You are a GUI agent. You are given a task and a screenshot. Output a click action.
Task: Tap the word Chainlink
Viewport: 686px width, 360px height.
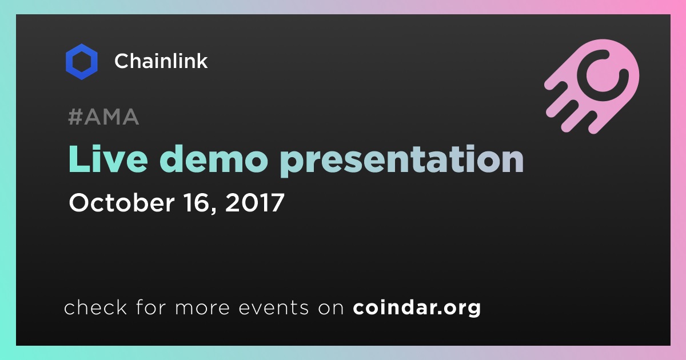pyautogui.click(x=161, y=61)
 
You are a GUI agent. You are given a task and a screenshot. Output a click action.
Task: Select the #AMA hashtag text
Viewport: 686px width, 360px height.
pyautogui.click(x=103, y=117)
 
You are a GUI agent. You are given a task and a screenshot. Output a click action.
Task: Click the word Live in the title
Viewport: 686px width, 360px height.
pyautogui.click(x=108, y=159)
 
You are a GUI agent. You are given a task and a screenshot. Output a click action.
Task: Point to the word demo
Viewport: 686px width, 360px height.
pyautogui.click(x=213, y=159)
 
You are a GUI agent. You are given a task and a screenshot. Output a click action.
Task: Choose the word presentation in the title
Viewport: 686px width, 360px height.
pyautogui.click(x=402, y=161)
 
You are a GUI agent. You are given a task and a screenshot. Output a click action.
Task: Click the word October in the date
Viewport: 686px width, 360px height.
pyautogui.click(x=122, y=202)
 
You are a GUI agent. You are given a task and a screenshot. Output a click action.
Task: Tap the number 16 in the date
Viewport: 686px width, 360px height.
pyautogui.click(x=197, y=202)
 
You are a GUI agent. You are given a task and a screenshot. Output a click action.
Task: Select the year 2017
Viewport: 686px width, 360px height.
pyautogui.click(x=255, y=202)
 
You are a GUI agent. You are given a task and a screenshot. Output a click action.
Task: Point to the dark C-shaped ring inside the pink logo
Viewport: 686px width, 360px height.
pyautogui.click(x=581, y=77)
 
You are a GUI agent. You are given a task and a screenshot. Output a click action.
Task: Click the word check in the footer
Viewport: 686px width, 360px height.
pyautogui.click(x=95, y=307)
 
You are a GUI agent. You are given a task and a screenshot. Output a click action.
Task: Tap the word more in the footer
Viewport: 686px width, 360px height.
pyautogui.click(x=202, y=308)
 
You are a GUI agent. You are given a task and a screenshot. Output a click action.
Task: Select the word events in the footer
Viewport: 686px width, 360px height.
pyautogui.click(x=273, y=307)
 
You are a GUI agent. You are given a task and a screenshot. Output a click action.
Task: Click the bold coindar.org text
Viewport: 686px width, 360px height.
pyautogui.click(x=417, y=308)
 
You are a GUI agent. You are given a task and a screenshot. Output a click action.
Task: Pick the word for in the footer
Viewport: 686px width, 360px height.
pyautogui.click(x=151, y=307)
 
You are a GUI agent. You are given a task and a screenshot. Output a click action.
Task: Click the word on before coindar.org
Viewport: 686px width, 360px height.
pyautogui.click(x=331, y=308)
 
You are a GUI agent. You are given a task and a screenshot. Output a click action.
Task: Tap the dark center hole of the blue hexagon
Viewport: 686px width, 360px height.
pyautogui.click(x=82, y=62)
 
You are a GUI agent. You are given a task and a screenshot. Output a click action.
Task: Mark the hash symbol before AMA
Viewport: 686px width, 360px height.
pyautogui.click(x=75, y=117)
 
